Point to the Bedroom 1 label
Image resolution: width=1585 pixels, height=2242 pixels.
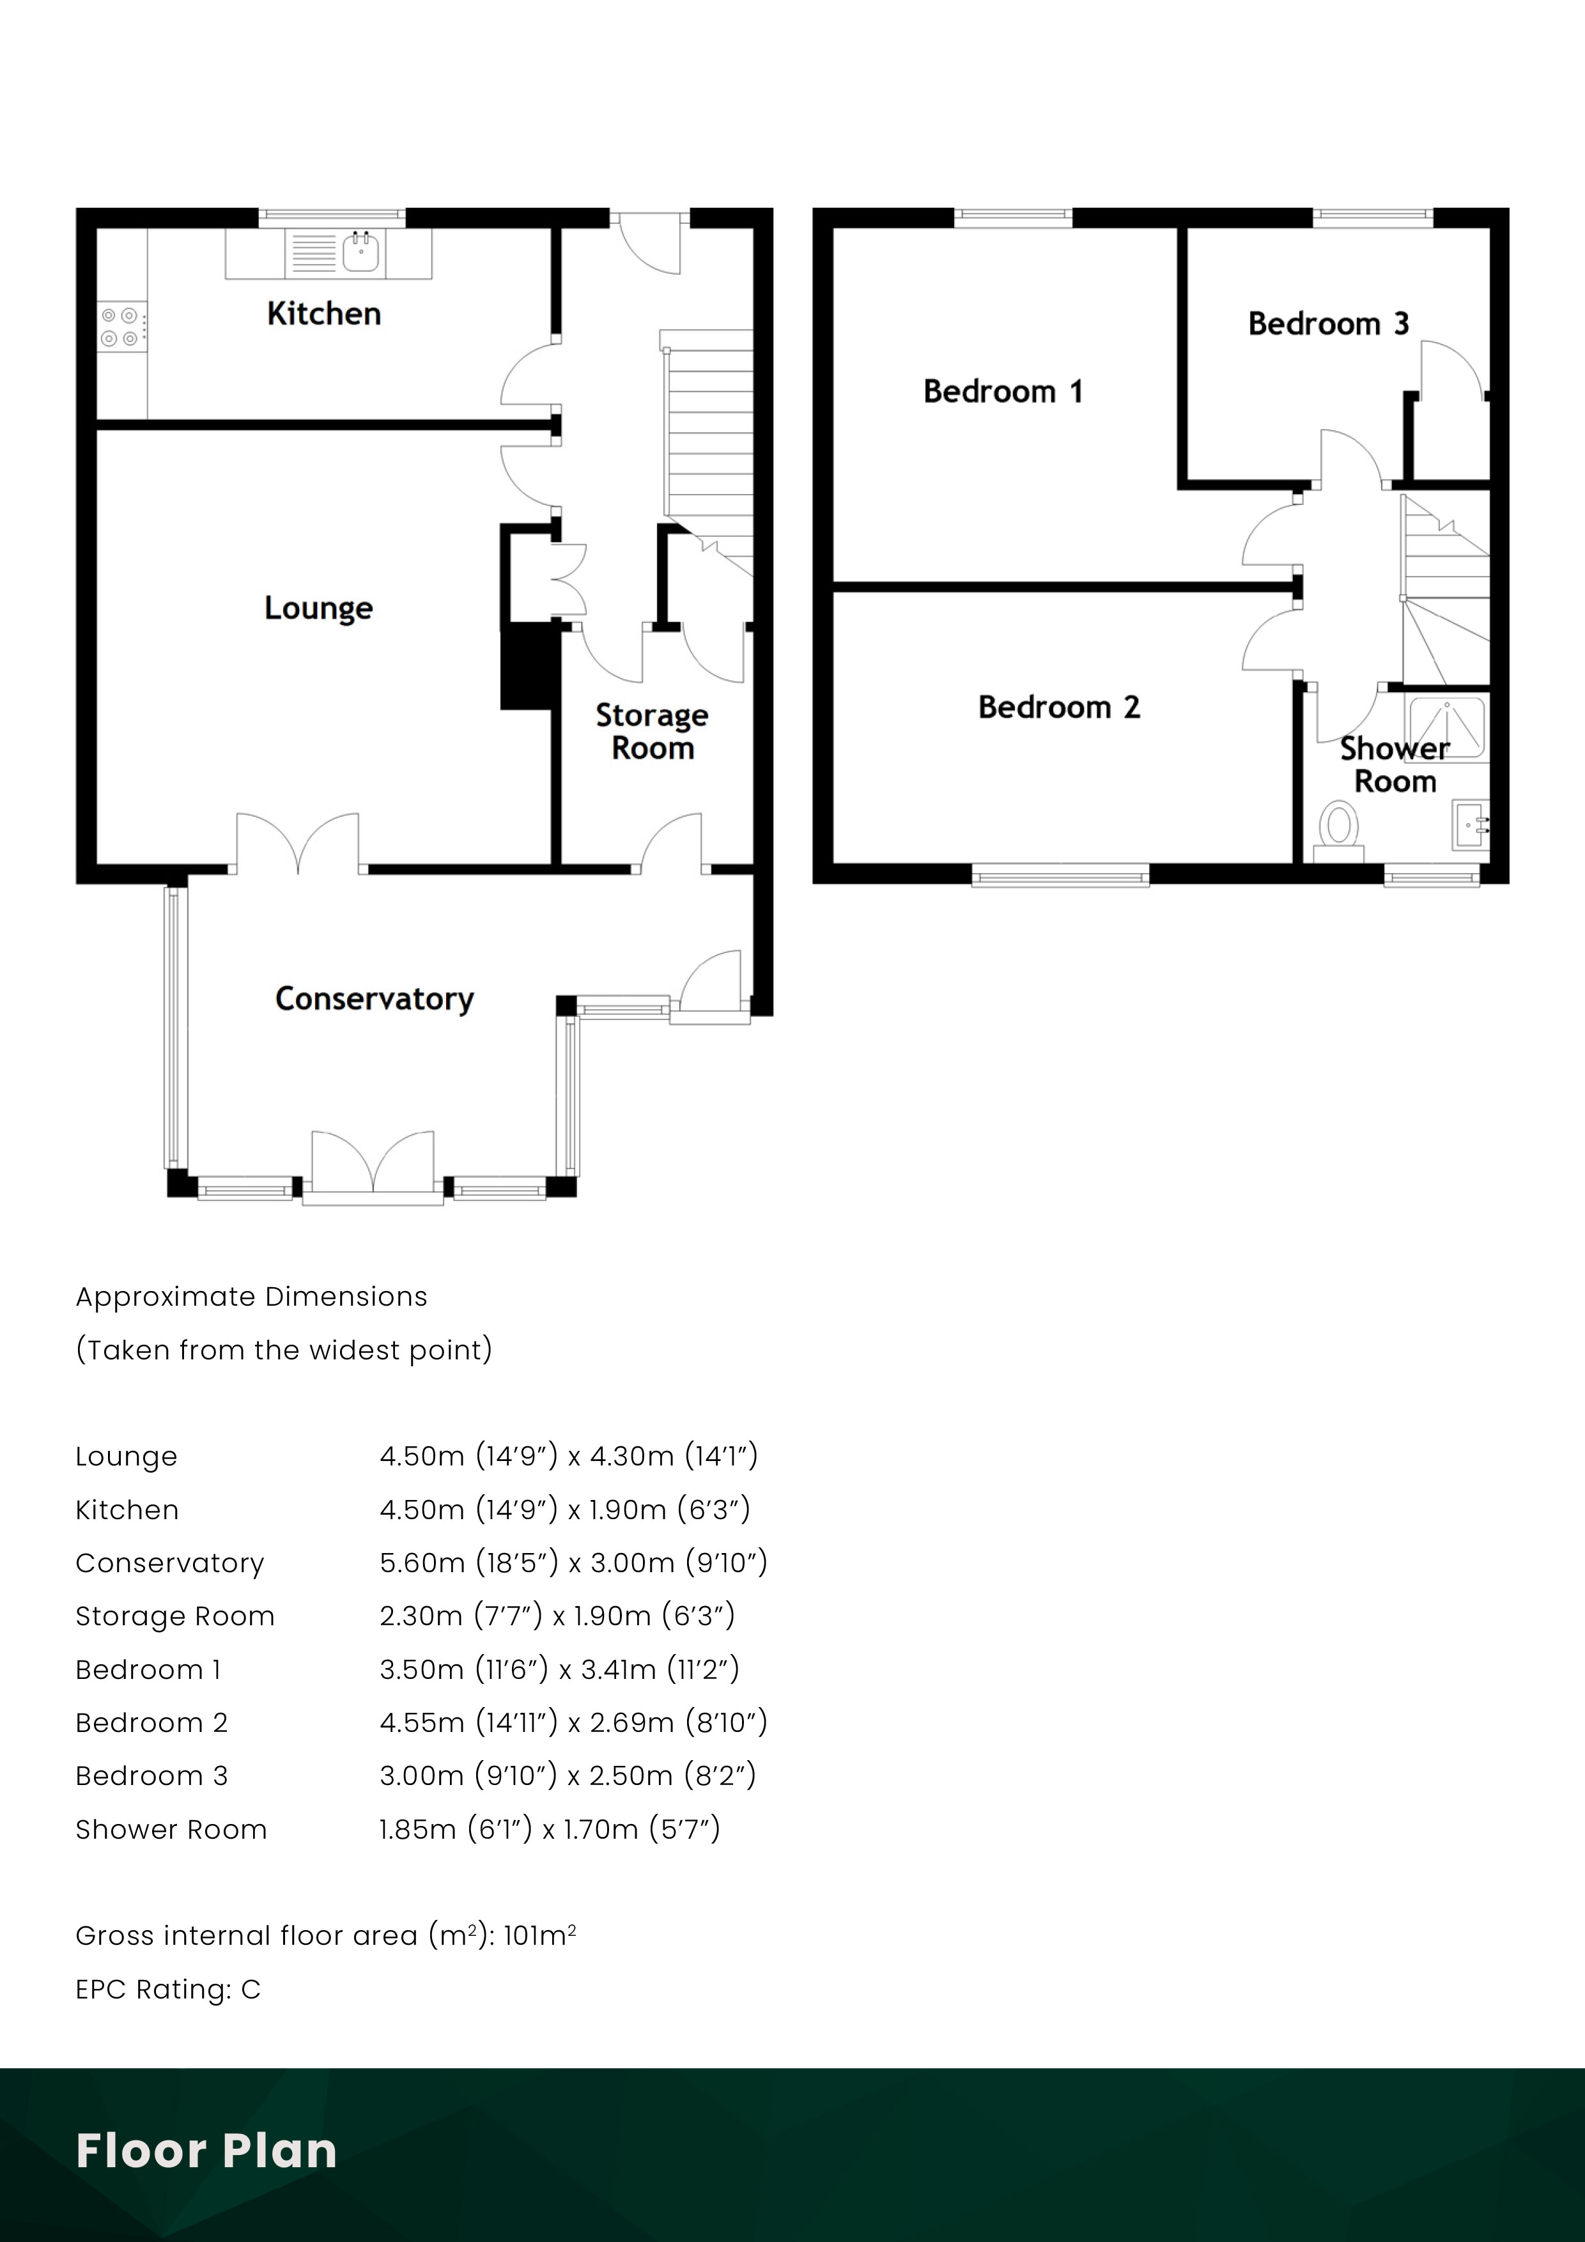point(1003,392)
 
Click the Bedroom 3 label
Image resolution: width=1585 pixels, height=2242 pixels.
point(1328,323)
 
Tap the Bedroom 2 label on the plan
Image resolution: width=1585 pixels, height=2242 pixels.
point(1058,707)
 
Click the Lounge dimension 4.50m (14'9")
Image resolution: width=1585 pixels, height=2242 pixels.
point(468,1456)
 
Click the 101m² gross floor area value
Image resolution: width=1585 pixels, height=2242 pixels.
point(539,1935)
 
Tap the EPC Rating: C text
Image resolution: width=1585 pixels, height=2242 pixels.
point(168,1989)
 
